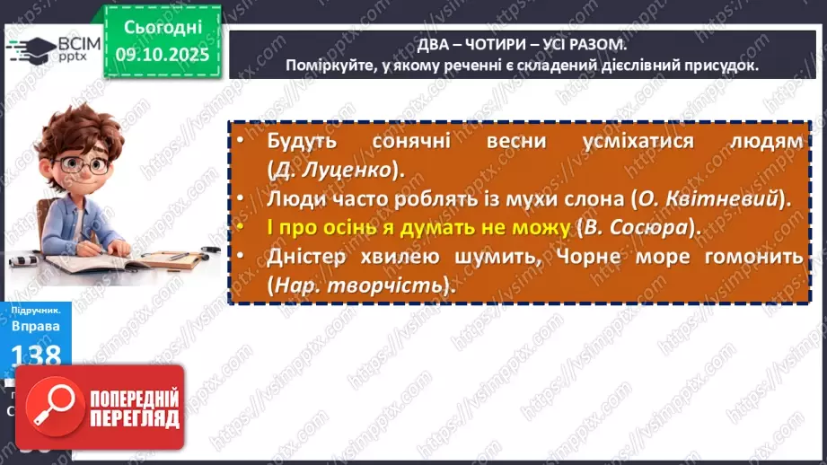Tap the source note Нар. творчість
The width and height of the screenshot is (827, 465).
[x=356, y=285]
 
